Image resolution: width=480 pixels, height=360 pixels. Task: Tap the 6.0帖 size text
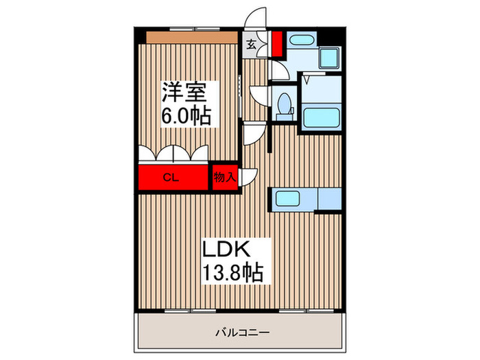(x=185, y=115)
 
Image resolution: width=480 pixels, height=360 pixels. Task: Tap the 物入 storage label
(x=224, y=177)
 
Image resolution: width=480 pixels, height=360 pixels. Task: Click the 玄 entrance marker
(x=251, y=46)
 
